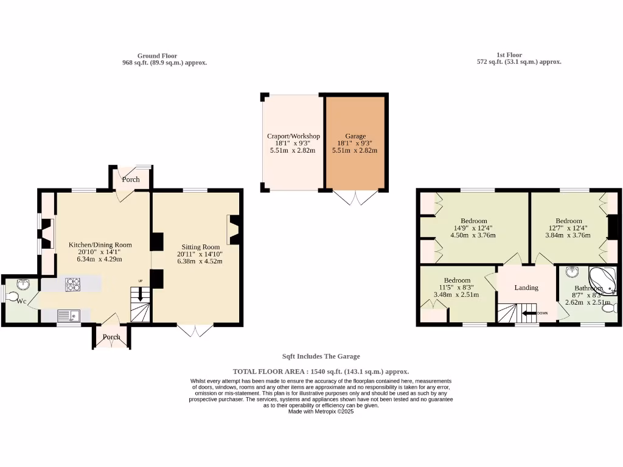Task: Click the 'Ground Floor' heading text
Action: [x=157, y=55]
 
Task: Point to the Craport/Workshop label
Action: [x=293, y=136]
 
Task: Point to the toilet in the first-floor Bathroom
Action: [x=609, y=309]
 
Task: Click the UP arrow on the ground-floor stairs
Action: [x=141, y=294]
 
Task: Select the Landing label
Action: [x=526, y=288]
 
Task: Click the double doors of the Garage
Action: [x=357, y=198]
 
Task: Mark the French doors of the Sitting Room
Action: [x=195, y=330]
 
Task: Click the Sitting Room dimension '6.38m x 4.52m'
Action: [x=200, y=261]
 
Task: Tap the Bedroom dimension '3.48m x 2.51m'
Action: [x=456, y=295]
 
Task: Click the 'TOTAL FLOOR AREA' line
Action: [x=321, y=371]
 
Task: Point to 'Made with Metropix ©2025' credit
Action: [x=321, y=411]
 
